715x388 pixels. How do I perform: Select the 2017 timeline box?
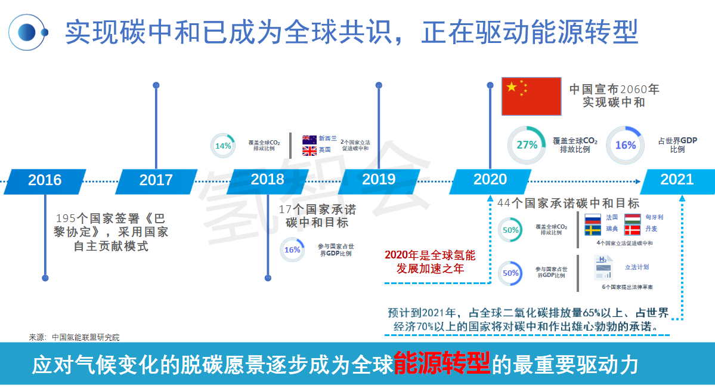(156, 180)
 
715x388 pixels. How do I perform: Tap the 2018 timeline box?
(267, 179)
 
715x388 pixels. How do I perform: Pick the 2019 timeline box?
(379, 179)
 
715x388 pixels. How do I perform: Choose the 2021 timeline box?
(677, 180)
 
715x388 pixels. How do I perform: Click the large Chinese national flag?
(531, 96)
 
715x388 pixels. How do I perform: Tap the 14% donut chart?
(223, 146)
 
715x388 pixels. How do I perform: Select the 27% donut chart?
(527, 145)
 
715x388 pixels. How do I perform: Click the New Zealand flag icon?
(309, 138)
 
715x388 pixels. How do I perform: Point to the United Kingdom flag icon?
(309, 150)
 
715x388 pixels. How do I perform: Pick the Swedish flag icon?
(592, 230)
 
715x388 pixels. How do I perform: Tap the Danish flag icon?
(632, 230)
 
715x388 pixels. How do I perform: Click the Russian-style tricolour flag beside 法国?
(592, 218)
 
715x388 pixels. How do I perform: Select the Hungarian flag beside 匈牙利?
(632, 218)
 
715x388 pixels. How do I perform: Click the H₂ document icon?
(603, 268)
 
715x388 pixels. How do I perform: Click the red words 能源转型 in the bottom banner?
(442, 363)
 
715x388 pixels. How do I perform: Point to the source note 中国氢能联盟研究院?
(85, 337)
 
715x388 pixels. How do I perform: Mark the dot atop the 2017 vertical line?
(156, 85)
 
